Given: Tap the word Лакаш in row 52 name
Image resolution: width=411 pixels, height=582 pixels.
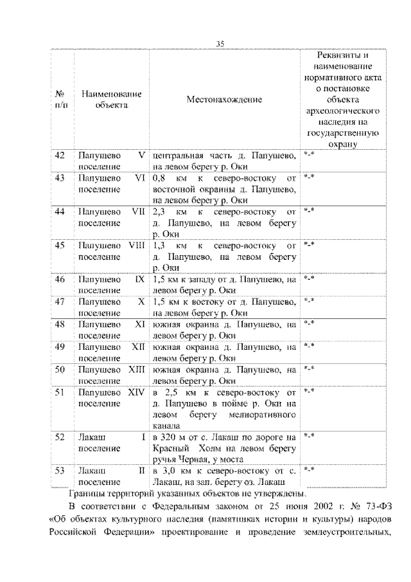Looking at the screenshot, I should tap(91, 437).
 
